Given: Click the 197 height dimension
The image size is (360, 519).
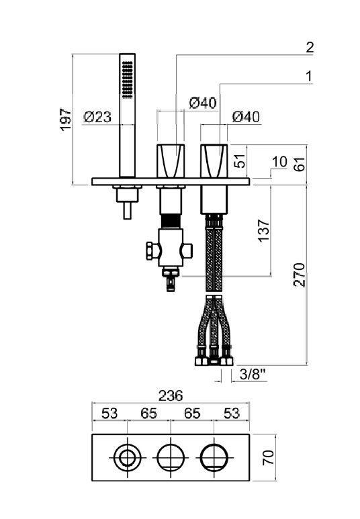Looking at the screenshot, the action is pos(66,119).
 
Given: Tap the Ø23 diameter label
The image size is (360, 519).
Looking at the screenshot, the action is pos(97,117).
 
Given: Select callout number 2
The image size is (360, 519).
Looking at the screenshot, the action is pos(310,47).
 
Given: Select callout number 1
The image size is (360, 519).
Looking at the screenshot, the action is pos(309,77).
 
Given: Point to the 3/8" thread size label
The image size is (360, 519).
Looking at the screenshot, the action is pos(253,375).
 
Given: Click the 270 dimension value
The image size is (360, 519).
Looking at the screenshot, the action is pos(299,275).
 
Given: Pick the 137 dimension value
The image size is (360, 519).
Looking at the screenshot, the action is pos(264,230).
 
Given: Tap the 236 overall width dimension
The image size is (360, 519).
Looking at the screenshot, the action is pos(171,395).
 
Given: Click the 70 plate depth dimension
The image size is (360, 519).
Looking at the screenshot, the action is pos(269,457).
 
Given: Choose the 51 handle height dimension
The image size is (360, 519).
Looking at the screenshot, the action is pos(241,160).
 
